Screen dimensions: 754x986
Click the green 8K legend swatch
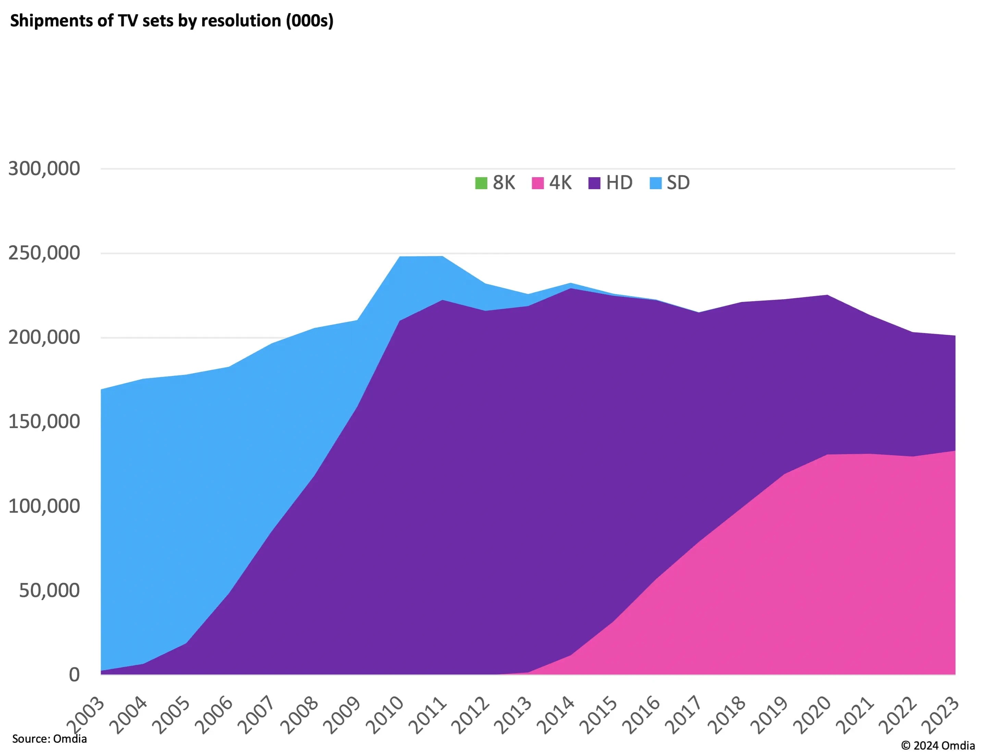pos(481,183)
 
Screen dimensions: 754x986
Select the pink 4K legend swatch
pos(538,183)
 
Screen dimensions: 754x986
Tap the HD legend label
pos(619,183)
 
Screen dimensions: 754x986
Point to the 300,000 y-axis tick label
pos(44,169)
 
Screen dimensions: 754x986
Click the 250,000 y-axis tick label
pos(44,253)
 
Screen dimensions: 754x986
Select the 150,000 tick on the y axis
pos(44,422)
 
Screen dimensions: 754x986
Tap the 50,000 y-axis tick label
pos(49,590)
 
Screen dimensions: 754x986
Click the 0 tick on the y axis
pos(74,674)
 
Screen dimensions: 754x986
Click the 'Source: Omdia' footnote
pos(49,738)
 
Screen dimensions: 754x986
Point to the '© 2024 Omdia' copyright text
pos(938,745)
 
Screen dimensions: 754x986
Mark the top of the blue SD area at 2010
pos(400,257)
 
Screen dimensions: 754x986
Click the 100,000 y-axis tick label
pos(44,506)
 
